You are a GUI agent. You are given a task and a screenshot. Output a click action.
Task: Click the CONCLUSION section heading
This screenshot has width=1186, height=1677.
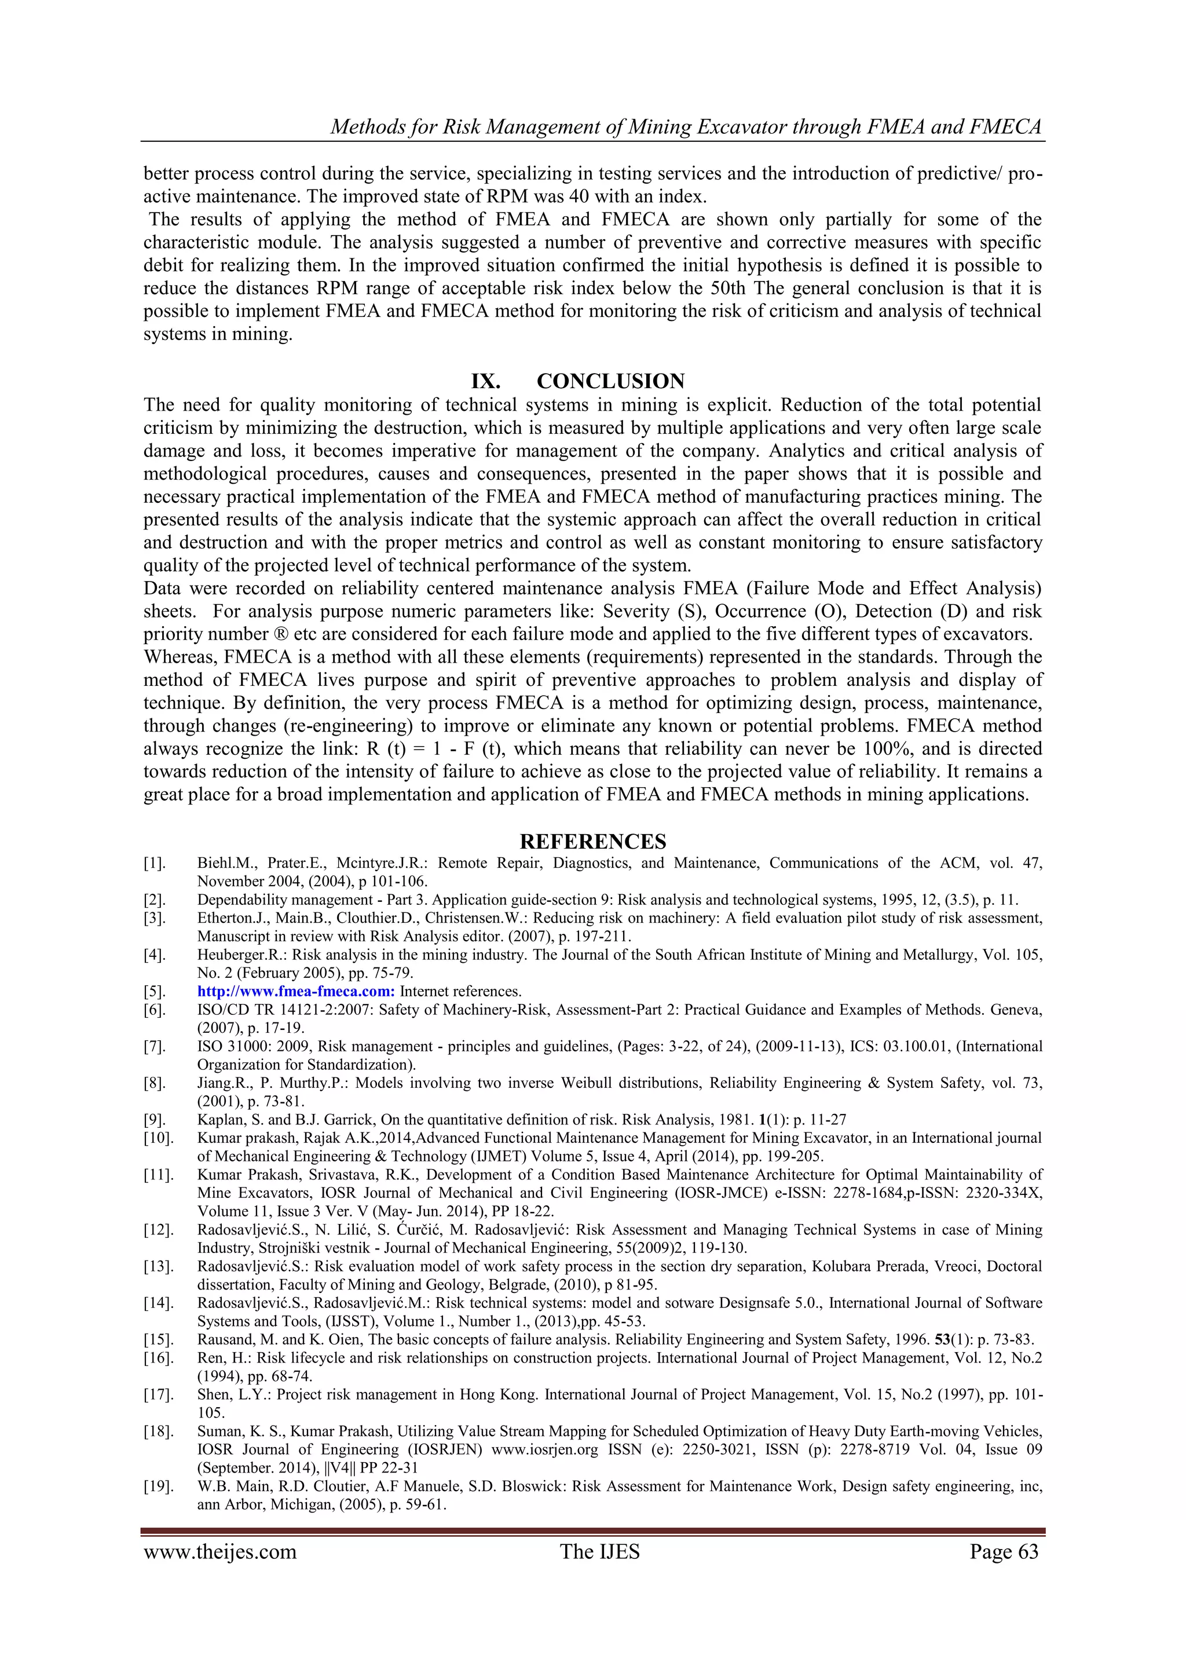tap(610, 381)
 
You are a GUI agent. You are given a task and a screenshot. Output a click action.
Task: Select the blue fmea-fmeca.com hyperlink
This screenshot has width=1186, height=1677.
tap(296, 991)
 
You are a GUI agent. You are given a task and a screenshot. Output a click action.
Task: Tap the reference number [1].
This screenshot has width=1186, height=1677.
tap(155, 863)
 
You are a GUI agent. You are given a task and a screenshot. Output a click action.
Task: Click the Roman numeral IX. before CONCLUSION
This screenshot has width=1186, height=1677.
tap(486, 381)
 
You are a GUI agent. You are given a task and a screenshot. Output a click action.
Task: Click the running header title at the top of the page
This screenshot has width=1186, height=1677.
tap(686, 127)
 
